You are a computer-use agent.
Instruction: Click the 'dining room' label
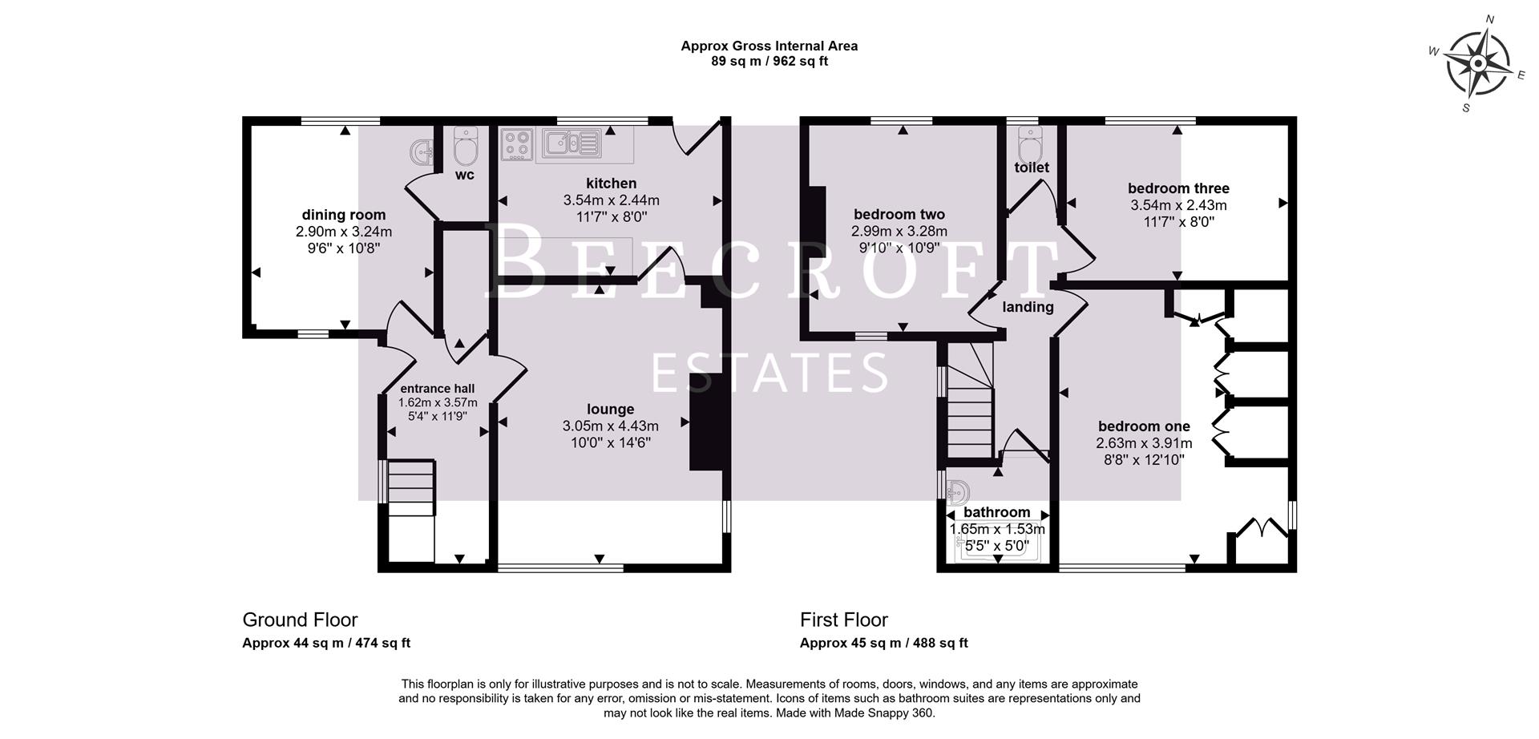[x=343, y=215]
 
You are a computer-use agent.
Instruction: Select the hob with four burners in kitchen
[x=517, y=144]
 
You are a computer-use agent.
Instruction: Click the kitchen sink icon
[x=570, y=143]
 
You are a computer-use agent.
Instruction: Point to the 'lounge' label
[x=610, y=410]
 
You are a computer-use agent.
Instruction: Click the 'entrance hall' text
[x=437, y=389]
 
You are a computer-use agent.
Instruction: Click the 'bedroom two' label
[x=899, y=214]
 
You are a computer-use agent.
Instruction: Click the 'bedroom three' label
[x=1177, y=188]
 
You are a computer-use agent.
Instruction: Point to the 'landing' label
[x=1028, y=307]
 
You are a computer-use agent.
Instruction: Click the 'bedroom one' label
[x=1143, y=426]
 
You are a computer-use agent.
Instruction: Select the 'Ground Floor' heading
[x=300, y=620]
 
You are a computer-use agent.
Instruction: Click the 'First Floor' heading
[x=843, y=620]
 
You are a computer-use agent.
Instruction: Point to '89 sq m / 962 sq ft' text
[x=769, y=61]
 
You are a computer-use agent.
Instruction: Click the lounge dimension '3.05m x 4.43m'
[x=610, y=426]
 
